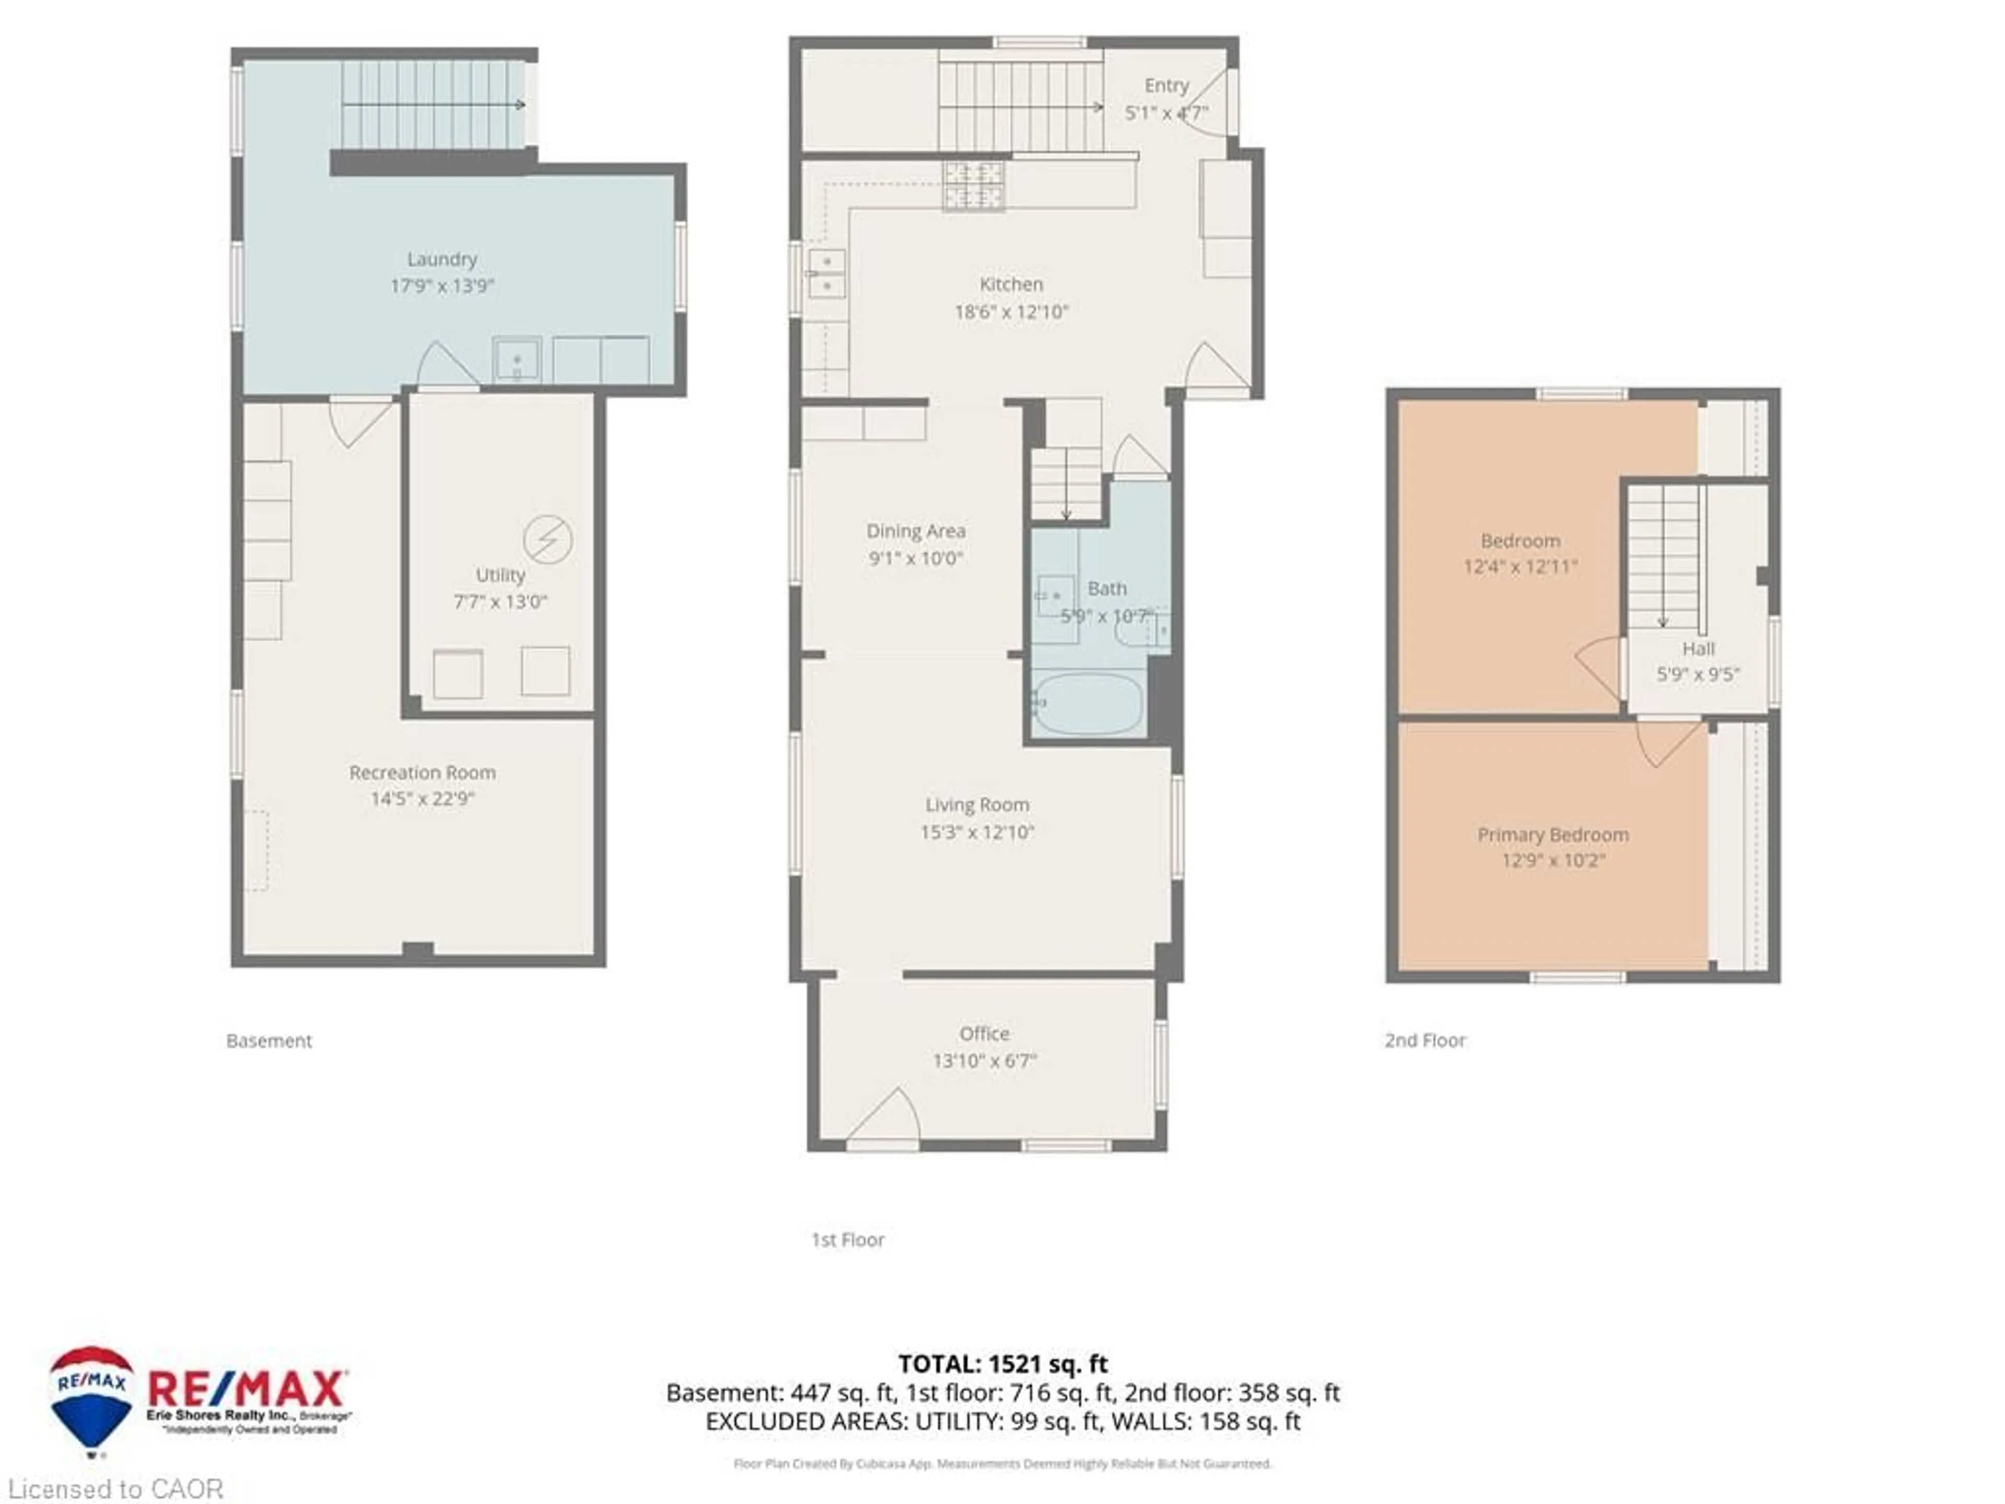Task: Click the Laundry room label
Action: (441, 259)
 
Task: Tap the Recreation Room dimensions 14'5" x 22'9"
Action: (422, 798)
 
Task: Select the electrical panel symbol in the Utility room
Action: (548, 539)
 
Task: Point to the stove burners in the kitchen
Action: (973, 185)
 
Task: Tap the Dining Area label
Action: (915, 531)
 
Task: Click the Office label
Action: (984, 1033)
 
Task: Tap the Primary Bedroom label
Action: (1553, 835)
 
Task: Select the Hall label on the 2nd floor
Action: (1698, 649)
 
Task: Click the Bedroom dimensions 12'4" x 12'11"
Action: (1520, 567)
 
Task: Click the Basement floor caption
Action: (269, 1041)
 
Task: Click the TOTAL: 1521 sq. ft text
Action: (1002, 1364)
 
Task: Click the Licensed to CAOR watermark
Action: (115, 1488)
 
